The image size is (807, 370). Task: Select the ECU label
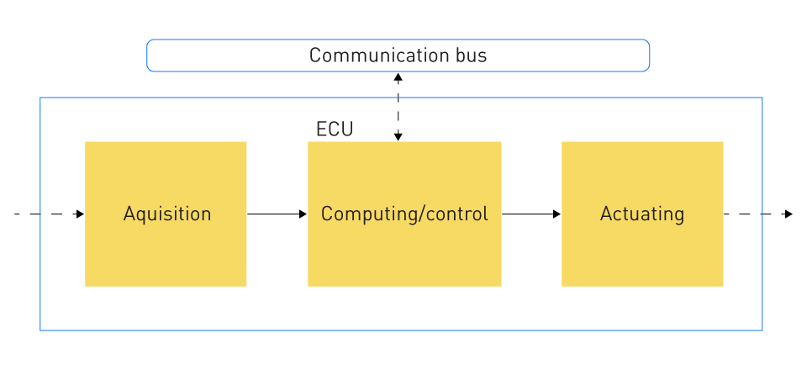[335, 129]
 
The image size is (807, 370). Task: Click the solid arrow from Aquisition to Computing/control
[277, 214]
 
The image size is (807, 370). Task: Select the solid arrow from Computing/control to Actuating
[531, 214]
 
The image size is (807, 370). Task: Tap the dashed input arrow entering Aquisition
[50, 214]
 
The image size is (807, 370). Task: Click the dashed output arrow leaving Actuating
[758, 214]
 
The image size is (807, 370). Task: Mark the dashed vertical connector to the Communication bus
[398, 107]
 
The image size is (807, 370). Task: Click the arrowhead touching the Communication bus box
[398, 77]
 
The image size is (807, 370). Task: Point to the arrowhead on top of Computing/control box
[398, 137]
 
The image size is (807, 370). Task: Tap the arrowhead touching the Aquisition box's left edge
[81, 214]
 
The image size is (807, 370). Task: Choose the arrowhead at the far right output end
[789, 214]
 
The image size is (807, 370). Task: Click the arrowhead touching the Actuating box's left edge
[556, 214]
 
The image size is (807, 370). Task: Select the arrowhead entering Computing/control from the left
[303, 214]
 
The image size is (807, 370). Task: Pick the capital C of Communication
[315, 55]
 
